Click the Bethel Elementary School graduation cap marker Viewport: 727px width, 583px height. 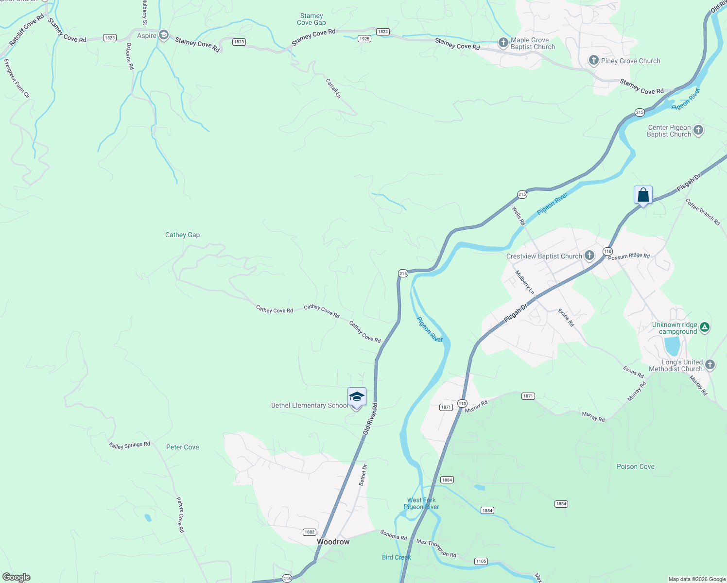357,397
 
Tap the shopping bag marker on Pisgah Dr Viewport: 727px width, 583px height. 643,195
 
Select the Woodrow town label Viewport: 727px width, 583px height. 333,542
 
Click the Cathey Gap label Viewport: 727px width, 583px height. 182,235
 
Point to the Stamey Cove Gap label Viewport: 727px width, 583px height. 312,19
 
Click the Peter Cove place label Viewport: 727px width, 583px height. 182,447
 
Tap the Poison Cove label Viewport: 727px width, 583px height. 635,466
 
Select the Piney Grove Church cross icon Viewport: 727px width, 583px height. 593,60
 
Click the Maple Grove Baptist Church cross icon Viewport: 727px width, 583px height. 503,43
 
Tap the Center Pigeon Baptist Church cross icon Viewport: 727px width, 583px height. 698,130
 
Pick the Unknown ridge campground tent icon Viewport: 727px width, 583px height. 705,327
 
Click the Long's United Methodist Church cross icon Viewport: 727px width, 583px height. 710,364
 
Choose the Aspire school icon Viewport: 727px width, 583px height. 164,35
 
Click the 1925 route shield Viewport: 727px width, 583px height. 364,39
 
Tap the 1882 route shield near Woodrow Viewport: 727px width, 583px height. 310,532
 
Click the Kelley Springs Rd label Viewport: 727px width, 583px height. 129,445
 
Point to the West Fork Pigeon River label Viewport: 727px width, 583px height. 421,503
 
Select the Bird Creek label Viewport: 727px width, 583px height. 396,557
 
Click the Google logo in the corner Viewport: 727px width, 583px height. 17,577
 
